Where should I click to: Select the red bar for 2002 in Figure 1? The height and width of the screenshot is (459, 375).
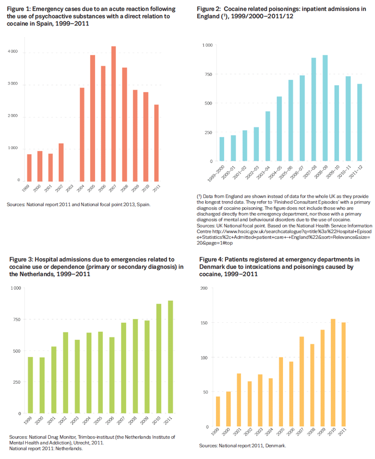pyautogui.click(x=61, y=162)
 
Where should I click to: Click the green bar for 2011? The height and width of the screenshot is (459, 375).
pyautogui.click(x=171, y=357)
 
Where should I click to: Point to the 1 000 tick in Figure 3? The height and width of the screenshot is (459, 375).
pyautogui.click(x=15, y=288)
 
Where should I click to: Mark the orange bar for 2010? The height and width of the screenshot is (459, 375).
pyautogui.click(x=333, y=373)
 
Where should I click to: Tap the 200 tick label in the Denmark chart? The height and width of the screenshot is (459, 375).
pyautogui.click(x=204, y=288)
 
